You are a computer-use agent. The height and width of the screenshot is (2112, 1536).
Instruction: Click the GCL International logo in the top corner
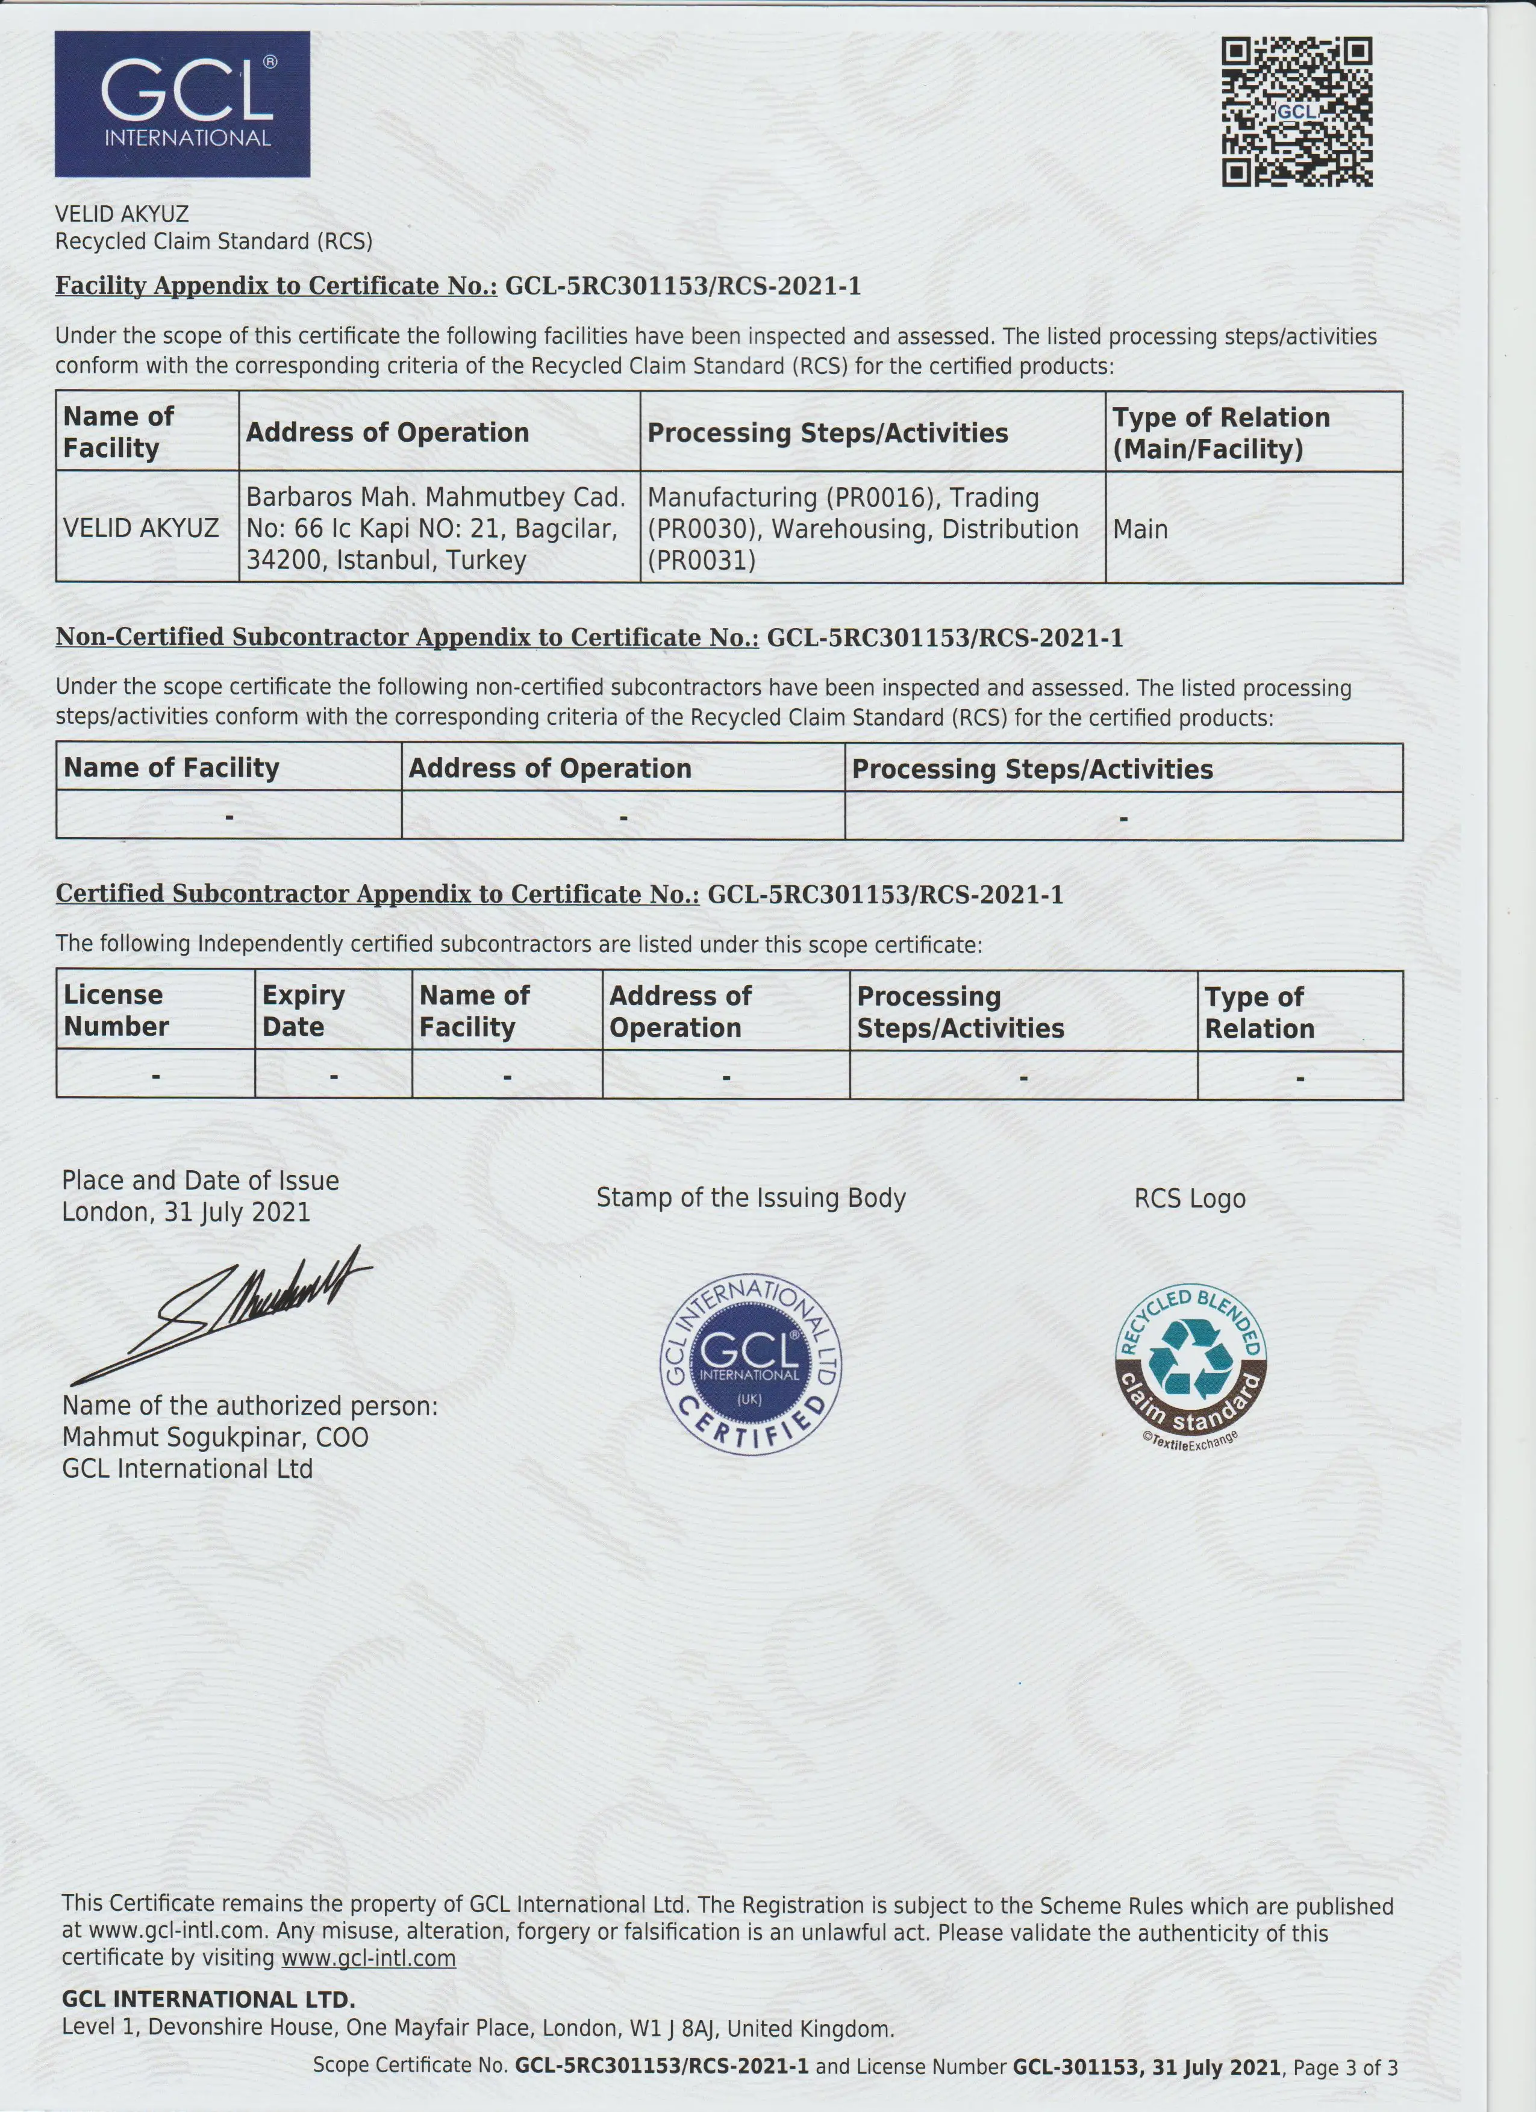[183, 104]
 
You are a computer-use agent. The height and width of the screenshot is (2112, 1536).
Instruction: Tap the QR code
[1297, 112]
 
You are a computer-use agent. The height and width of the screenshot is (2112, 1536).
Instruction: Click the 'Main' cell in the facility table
[1140, 530]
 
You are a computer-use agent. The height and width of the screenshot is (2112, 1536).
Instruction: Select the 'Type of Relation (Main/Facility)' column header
[1221, 433]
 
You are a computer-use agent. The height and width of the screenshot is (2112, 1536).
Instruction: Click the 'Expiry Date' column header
[304, 1011]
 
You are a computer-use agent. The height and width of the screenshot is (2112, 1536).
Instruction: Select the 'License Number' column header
[116, 1011]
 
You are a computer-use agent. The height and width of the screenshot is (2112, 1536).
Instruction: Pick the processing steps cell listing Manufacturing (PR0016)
[863, 529]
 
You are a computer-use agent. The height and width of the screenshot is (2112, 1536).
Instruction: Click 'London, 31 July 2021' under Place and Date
[186, 1212]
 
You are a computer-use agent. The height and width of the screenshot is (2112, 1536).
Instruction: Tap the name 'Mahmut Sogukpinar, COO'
[215, 1438]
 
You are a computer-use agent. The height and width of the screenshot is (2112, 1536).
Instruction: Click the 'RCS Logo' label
[1190, 1200]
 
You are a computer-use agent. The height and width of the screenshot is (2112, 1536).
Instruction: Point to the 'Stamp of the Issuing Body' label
[751, 1198]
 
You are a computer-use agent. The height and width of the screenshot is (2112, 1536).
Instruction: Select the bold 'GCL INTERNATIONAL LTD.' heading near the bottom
[208, 2000]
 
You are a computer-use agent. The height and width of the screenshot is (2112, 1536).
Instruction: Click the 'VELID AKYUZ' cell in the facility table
[141, 529]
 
